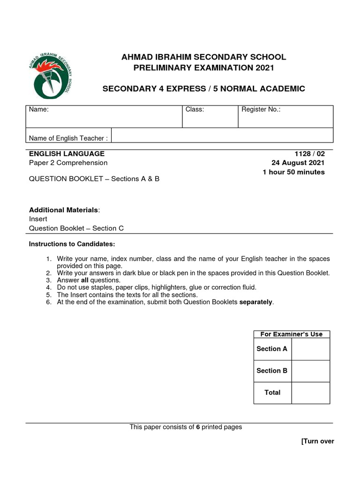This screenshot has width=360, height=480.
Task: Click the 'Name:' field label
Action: pos(39,110)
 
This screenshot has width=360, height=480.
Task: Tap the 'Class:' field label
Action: pos(195,110)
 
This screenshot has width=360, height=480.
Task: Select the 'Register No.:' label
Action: pos(261,110)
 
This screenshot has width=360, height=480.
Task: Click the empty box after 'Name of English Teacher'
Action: pos(222,135)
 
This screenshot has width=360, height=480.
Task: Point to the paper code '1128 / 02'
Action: pos(309,154)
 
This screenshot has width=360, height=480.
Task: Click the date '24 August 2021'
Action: pos(298,163)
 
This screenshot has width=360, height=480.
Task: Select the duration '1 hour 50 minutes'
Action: pos(293,172)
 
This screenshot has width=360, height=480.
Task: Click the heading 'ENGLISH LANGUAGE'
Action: pos(67,154)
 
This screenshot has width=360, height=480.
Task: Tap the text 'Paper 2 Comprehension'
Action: pos(68,163)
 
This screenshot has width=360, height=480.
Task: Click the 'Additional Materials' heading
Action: pos(64,210)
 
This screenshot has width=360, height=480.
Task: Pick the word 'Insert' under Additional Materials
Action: pos(38,219)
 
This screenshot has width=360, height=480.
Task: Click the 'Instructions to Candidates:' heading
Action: pos(72,244)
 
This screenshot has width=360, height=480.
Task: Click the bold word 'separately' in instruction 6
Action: pos(256,302)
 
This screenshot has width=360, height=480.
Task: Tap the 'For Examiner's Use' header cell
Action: pos(292,334)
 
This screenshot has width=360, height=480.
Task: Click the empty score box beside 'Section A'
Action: pos(310,349)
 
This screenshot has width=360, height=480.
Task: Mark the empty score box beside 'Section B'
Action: pos(310,371)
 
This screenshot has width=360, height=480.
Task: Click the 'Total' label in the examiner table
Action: pos(272,392)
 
